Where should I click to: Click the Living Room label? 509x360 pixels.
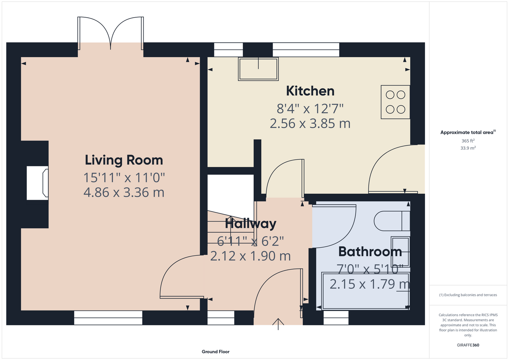124,161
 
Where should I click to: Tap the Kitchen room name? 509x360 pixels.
310,91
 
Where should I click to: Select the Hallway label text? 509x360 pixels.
250,224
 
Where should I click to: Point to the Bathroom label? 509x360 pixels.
370,252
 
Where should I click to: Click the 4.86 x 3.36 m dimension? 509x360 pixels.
124,192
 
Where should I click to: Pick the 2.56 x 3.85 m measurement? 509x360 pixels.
310,123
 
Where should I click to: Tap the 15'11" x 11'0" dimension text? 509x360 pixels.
124,177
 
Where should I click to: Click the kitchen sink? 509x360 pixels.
258,69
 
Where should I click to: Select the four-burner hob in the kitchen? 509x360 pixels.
396,102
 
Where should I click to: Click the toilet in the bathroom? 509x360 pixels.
392,221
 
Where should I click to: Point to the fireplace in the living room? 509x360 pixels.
37,183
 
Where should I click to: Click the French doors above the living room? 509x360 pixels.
111,33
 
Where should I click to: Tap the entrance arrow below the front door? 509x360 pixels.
278,324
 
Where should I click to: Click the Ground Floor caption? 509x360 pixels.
216,352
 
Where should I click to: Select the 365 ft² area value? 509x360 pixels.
468,141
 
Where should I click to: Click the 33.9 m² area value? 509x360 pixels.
468,148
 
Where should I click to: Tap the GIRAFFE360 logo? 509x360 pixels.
468,345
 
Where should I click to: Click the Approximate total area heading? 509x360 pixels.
468,132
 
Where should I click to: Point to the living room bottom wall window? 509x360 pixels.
108,318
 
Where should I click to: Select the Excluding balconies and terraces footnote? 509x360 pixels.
468,295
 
